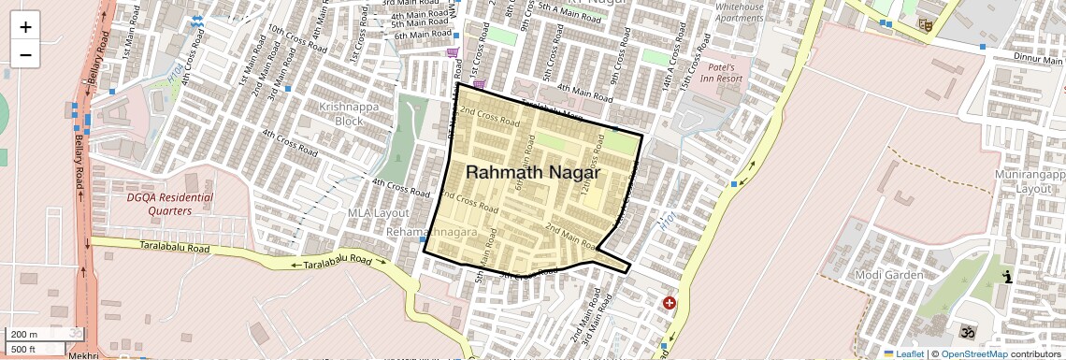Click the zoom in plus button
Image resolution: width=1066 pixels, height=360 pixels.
pyautogui.click(x=25, y=26)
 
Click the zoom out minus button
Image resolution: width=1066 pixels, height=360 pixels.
pyautogui.click(x=25, y=54)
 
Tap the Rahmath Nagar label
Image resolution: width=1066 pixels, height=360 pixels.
pyautogui.click(x=532, y=173)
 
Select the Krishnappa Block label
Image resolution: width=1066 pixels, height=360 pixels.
pyautogui.click(x=341, y=114)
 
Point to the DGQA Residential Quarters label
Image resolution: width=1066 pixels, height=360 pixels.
pyautogui.click(x=169, y=204)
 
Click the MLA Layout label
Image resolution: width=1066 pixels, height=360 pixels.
pyautogui.click(x=379, y=214)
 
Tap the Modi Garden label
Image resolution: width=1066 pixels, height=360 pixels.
pyautogui.click(x=889, y=275)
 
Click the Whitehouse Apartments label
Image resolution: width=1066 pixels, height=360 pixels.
pyautogui.click(x=740, y=12)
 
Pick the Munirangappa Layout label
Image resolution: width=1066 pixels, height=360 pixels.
pyautogui.click(x=1028, y=181)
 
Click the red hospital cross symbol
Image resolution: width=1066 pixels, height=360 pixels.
pyautogui.click(x=669, y=303)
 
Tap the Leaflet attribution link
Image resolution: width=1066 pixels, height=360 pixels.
pyautogui.click(x=904, y=353)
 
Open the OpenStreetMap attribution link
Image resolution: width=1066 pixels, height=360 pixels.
pyautogui.click(x=973, y=353)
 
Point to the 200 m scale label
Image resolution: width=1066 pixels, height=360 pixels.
pyautogui.click(x=25, y=335)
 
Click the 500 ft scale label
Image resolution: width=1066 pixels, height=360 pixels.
pyautogui.click(x=25, y=349)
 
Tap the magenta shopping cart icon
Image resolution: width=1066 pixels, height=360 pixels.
pyautogui.click(x=453, y=53)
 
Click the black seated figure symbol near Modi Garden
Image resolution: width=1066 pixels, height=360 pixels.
pyautogui.click(x=1007, y=277)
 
